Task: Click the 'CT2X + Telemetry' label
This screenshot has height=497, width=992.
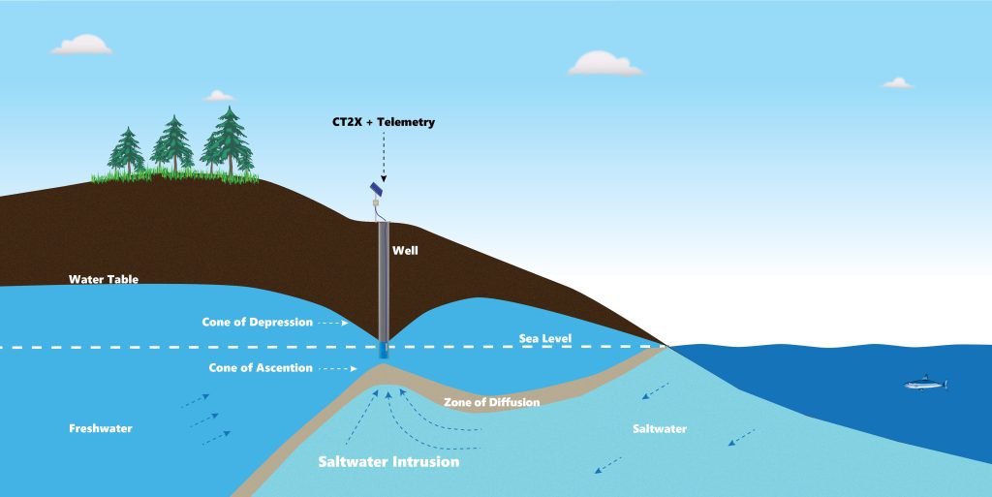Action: pos(384,122)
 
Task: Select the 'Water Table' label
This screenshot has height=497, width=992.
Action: pos(104,280)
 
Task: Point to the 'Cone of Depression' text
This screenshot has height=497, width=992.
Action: pos(257,322)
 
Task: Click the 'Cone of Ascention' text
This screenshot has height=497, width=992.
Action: pos(261,368)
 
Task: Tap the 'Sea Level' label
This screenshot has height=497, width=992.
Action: pos(543,339)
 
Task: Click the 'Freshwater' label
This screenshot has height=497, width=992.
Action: pos(100,427)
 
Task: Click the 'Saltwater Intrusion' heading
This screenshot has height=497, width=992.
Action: pos(388,462)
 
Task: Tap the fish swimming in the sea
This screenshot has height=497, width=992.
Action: pos(925,385)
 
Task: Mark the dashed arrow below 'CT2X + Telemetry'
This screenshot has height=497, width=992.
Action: pos(384,155)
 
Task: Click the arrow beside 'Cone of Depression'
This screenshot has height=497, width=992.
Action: pos(332,323)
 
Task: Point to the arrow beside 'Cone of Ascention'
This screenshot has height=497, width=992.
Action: pos(339,369)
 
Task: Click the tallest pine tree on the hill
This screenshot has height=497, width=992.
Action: pos(229,142)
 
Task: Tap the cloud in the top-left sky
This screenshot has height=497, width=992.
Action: pos(81,46)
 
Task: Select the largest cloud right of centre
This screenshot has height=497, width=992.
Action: pos(604,65)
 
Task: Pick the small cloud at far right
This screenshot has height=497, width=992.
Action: pos(897,83)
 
